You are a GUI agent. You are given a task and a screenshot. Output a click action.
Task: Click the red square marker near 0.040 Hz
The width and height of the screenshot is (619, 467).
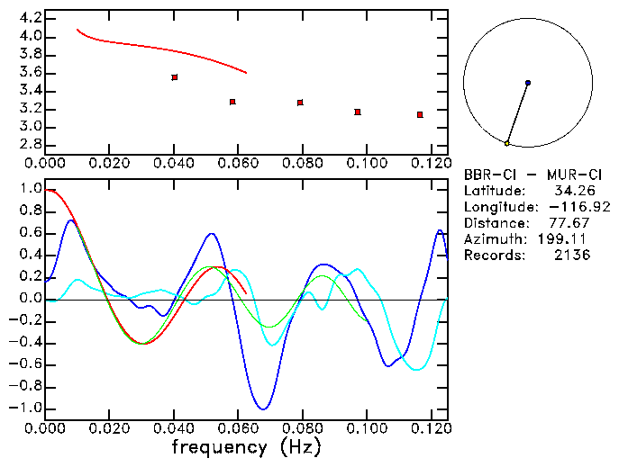[x=174, y=77]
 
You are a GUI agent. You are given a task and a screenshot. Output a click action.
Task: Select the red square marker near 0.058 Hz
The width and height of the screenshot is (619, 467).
[x=232, y=102]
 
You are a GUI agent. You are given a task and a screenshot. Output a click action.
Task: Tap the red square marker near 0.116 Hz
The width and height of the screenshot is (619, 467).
[x=420, y=114]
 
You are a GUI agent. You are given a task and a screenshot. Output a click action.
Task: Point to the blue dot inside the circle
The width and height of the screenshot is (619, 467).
[x=527, y=83]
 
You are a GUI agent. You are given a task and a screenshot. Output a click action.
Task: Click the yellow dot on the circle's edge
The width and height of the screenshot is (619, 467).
[x=507, y=143]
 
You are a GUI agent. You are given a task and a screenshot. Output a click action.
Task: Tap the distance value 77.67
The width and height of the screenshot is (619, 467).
[x=571, y=223]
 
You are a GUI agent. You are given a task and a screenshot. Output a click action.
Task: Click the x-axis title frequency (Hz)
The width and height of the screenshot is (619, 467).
[x=245, y=446]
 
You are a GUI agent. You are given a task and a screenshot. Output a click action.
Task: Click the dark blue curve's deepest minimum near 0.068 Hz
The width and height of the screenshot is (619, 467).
[x=262, y=409]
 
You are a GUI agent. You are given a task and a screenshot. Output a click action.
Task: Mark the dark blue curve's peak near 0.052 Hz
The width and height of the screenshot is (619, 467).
[x=212, y=234]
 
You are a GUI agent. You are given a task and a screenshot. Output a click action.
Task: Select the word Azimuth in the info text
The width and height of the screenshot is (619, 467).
[x=492, y=239]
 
